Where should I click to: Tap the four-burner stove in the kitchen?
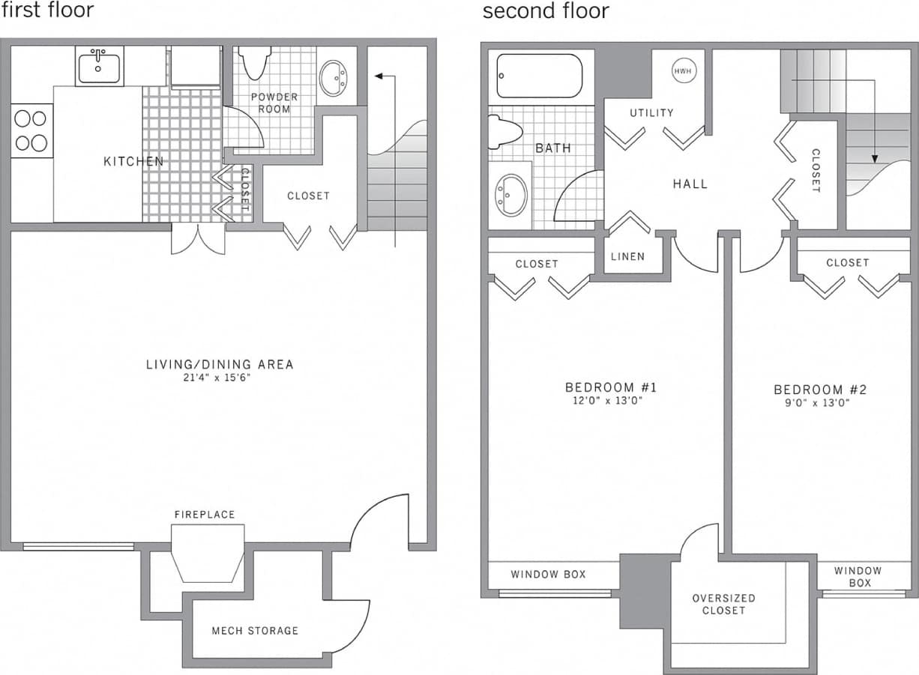tap(31, 130)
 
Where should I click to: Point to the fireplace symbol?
tap(208, 552)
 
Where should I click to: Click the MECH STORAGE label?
tap(255, 631)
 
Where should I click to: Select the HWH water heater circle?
tap(682, 71)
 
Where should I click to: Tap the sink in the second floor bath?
tap(511, 195)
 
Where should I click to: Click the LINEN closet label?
tap(627, 256)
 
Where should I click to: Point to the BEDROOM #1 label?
tap(611, 387)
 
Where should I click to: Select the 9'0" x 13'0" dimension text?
tap(819, 402)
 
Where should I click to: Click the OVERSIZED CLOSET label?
tap(723, 604)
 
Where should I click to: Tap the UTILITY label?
tap(651, 113)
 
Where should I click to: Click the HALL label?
tap(690, 184)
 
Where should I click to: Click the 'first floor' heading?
tap(47, 10)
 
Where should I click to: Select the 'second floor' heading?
tap(546, 11)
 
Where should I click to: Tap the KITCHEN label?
tap(133, 161)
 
